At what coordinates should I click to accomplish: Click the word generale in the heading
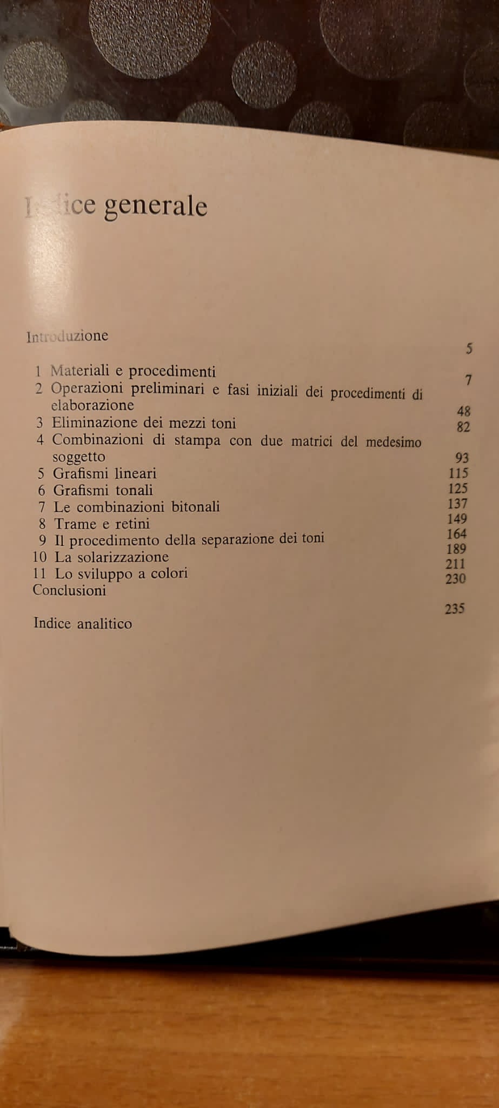pos(155,207)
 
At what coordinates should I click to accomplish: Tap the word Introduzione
pos(67,336)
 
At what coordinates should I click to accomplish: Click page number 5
pos(469,349)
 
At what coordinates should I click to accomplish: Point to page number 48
pos(463,411)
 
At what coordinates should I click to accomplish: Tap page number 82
pos(463,427)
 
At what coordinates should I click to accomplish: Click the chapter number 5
pos(41,474)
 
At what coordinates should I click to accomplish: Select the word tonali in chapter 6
pos(134,490)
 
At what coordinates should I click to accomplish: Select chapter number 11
pos(39,573)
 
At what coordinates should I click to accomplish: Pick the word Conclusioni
pos(69,590)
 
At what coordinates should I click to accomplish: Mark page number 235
pos(455,609)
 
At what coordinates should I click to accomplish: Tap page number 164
pos(457,534)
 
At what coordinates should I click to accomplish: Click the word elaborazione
pos(92,405)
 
